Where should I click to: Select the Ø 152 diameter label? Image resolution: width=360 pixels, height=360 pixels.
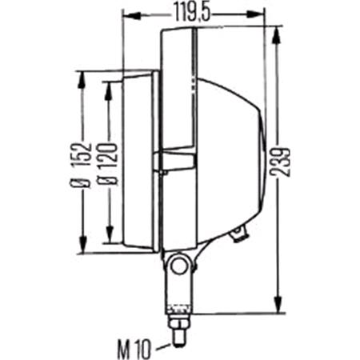pyautogui.click(x=81, y=166)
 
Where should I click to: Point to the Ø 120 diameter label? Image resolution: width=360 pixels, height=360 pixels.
pyautogui.click(x=107, y=164)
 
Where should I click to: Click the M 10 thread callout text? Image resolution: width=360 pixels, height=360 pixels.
pyautogui.click(x=134, y=349)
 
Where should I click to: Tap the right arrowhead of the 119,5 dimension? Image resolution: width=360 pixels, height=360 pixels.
pyautogui.click(x=255, y=14)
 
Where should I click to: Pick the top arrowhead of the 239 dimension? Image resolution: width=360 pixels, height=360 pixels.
pyautogui.click(x=278, y=34)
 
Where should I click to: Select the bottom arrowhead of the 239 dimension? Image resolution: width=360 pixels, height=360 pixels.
pyautogui.click(x=278, y=303)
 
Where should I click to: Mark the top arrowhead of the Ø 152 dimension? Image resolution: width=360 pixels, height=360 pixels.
pyautogui.click(x=82, y=79)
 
